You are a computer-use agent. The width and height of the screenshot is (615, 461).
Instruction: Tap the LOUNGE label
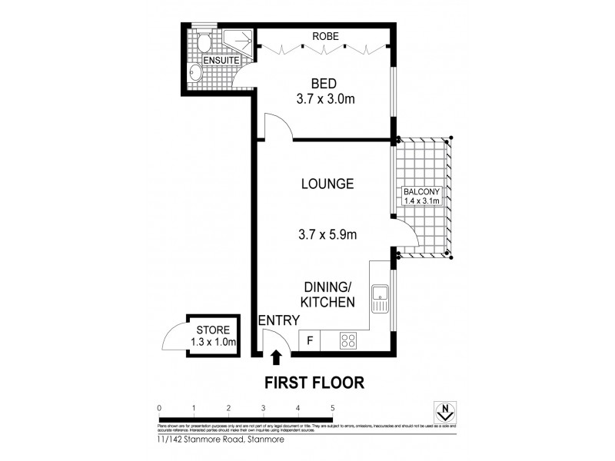point(327,184)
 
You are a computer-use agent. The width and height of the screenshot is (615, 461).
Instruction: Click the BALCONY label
point(421,192)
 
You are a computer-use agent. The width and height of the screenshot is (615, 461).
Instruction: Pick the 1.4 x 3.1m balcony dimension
point(421,202)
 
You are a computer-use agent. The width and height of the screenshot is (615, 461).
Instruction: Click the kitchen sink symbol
point(381,297)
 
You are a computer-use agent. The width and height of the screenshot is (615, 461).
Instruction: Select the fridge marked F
point(311,339)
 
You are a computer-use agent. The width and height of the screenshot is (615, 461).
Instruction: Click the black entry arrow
point(276,357)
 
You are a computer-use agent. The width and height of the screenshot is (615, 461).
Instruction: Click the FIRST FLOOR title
point(314,382)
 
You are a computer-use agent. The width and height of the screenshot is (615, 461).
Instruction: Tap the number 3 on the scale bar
point(263,408)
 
